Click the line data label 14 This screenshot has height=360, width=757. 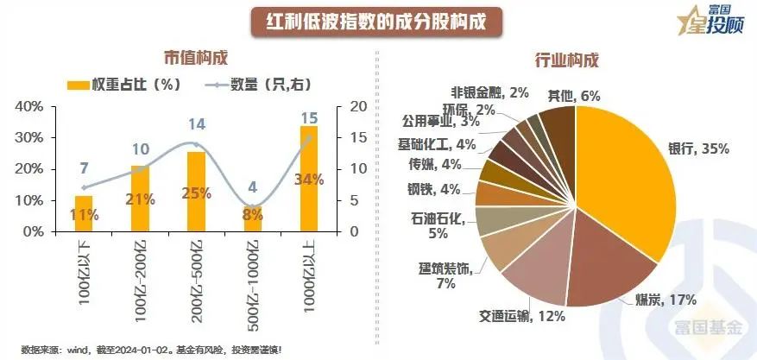point(197,124)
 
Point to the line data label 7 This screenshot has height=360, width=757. point(84,168)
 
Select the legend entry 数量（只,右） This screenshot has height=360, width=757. point(261,85)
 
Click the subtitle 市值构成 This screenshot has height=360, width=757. point(196,59)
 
